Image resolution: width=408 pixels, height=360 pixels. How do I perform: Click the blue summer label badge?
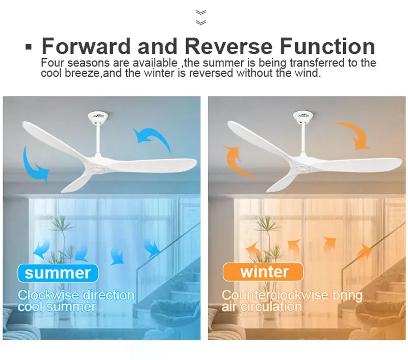(57, 272)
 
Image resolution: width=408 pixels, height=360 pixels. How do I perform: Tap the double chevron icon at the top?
(201, 17)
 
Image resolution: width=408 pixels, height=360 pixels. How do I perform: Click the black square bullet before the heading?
(29, 47)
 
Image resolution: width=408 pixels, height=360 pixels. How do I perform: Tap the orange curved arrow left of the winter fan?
(237, 161)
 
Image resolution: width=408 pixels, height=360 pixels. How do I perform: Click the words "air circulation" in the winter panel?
(262, 307)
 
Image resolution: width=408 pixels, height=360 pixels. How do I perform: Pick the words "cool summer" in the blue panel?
(57, 307)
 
